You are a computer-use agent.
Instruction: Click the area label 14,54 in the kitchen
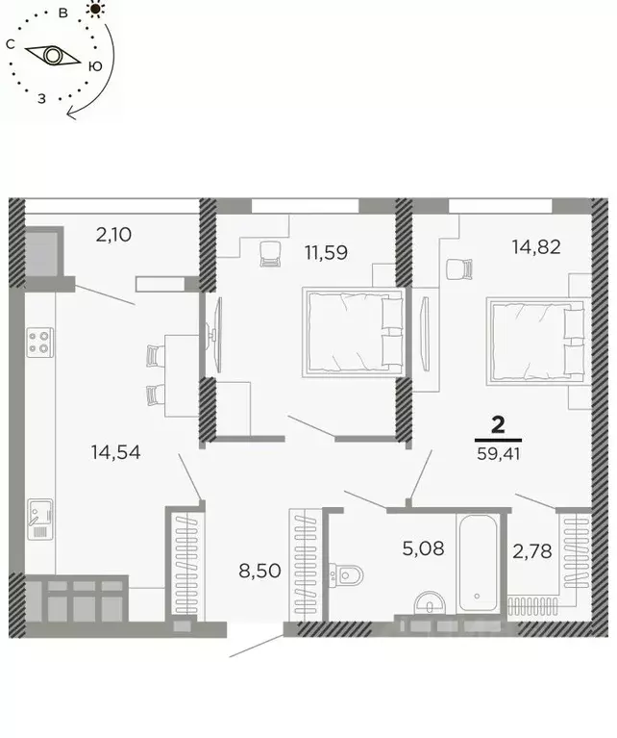coord(115,451)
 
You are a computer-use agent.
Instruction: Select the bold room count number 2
coord(499,423)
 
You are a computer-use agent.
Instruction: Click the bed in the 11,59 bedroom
coord(352,331)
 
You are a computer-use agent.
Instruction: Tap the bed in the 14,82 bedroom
coord(535,341)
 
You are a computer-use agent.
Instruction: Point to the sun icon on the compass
coord(94,9)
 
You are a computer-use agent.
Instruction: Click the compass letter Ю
coord(95,65)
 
